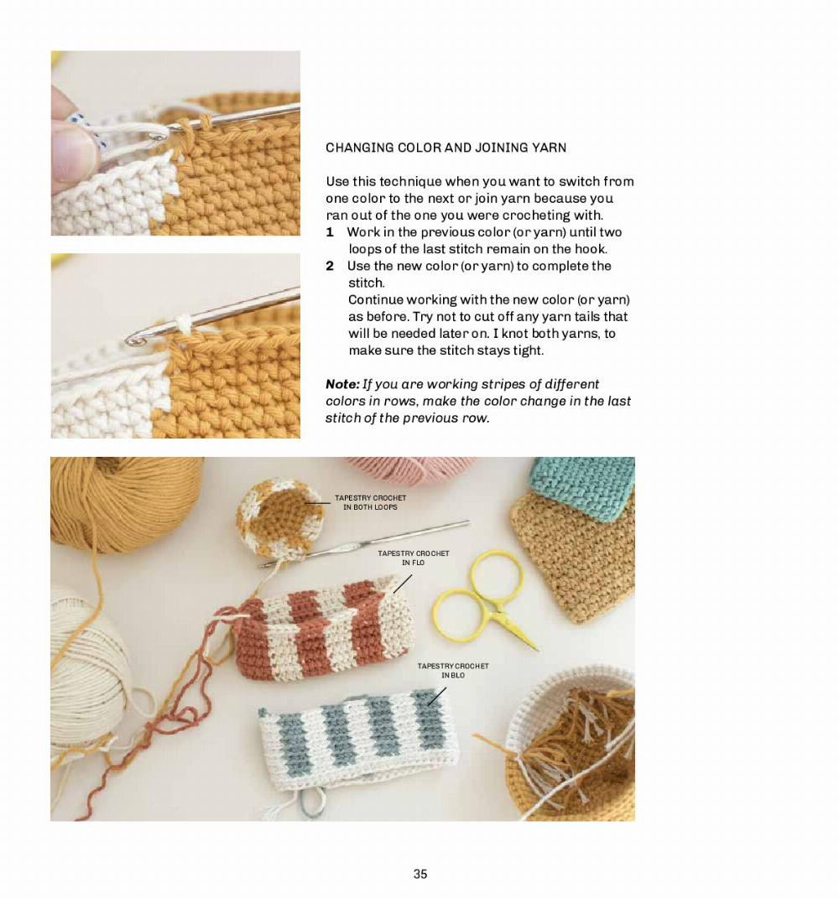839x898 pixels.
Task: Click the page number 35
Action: pyautogui.click(x=420, y=874)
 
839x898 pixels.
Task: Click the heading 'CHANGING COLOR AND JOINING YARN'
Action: pyautogui.click(x=446, y=148)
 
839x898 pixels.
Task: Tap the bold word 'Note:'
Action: pyautogui.click(x=342, y=384)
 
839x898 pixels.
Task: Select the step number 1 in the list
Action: pyautogui.click(x=330, y=232)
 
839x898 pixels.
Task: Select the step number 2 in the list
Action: pyautogui.click(x=330, y=266)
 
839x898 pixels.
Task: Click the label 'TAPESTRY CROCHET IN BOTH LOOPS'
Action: pyautogui.click(x=370, y=502)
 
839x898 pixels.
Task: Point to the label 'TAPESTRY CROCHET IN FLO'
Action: pyautogui.click(x=413, y=558)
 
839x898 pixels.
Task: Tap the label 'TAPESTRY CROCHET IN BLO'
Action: pyautogui.click(x=453, y=671)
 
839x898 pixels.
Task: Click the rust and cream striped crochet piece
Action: pyautogui.click(x=321, y=630)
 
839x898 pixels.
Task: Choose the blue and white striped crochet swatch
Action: pyautogui.click(x=355, y=739)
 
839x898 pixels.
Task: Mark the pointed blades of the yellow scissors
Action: pyautogui.click(x=519, y=633)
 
